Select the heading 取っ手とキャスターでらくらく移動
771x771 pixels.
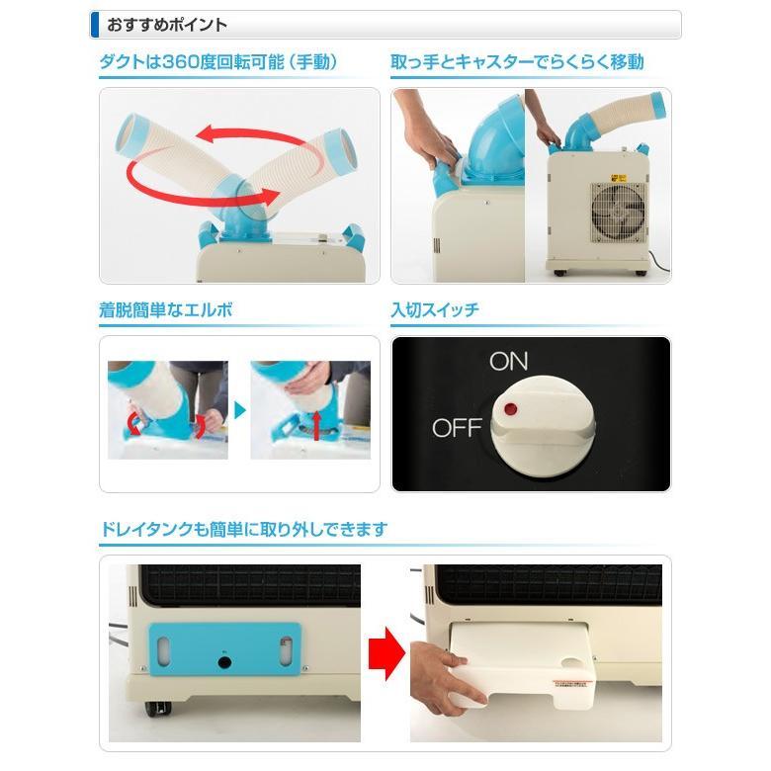coord(517,62)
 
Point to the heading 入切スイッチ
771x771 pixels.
coord(435,310)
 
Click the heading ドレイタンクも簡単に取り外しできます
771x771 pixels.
coord(243,530)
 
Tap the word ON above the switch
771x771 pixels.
coord(509,361)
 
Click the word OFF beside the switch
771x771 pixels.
coord(457,428)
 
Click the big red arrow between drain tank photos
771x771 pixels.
coord(385,651)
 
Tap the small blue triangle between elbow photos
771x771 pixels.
coord(238,409)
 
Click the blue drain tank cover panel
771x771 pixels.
coord(224,652)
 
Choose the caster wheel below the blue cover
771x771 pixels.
coord(159,708)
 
